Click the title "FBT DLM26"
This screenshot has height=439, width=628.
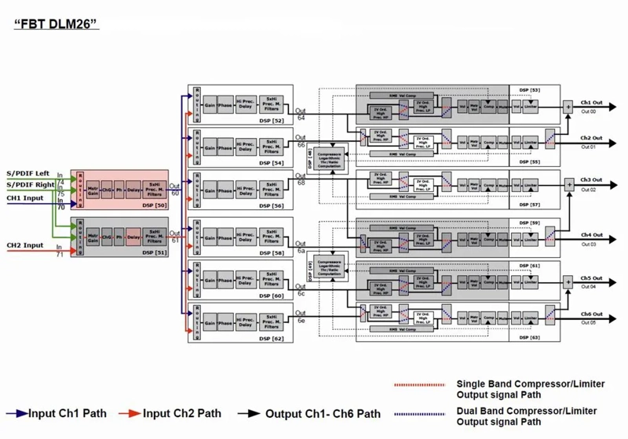pyautogui.click(x=55, y=25)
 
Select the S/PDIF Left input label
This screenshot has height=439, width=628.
pyautogui.click(x=27, y=172)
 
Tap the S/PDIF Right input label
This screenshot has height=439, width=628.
pyautogui.click(x=28, y=185)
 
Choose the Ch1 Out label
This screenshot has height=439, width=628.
pyautogui.click(x=591, y=103)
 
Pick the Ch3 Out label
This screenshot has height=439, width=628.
pyautogui.click(x=591, y=181)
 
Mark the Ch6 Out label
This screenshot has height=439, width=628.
pyautogui.click(x=591, y=314)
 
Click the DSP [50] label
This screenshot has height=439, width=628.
pyautogui.click(x=153, y=205)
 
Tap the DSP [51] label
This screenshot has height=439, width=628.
pyautogui.click(x=153, y=253)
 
